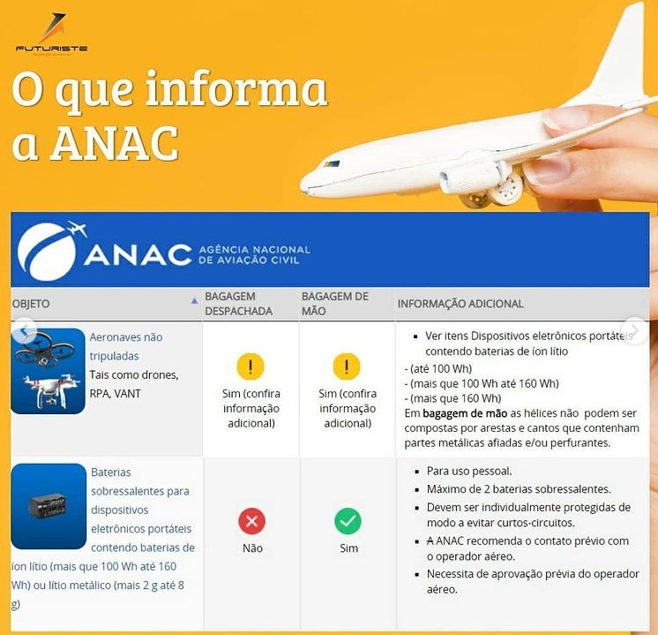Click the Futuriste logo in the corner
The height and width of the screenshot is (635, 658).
51,35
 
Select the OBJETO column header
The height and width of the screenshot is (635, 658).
31,304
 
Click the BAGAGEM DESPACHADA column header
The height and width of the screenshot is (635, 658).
238,304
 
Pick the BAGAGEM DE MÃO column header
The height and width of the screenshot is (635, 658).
335,304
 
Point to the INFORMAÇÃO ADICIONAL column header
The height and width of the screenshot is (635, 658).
460,304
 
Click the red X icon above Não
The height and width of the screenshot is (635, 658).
251,521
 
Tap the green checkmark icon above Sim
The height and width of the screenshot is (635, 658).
348,521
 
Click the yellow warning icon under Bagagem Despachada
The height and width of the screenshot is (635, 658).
250,367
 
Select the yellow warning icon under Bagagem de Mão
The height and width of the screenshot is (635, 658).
347,367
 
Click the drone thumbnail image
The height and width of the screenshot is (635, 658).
48,370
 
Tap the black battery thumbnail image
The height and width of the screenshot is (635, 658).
48,506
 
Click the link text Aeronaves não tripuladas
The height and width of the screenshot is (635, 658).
125,346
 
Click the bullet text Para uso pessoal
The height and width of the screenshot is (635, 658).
468,471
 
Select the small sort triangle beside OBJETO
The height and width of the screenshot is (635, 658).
194,301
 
